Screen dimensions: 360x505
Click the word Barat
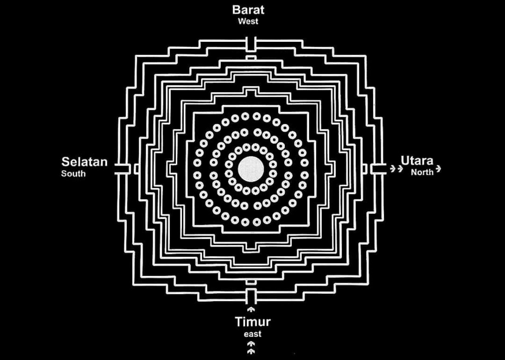tap(248, 9)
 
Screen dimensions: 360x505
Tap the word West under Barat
tap(248, 21)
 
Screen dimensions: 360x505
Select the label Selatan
tap(84, 162)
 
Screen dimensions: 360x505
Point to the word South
tap(73, 173)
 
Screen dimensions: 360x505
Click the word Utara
tap(417, 160)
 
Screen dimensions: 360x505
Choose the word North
tap(422, 172)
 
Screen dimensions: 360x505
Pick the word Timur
tap(253, 322)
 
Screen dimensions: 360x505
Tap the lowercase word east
tap(252, 334)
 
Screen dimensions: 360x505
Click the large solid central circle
tap(251, 169)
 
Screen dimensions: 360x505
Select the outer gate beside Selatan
tap(122, 169)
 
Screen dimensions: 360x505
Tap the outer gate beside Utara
tap(379, 169)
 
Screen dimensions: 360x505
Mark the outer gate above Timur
tap(251, 296)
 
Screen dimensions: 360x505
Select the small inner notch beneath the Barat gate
tap(251, 58)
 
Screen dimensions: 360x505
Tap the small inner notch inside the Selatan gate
tap(137, 169)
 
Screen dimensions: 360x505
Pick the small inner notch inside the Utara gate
tap(365, 169)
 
